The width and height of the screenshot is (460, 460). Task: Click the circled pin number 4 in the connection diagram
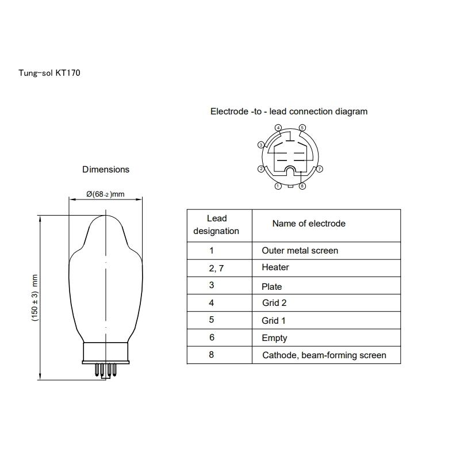(278, 127)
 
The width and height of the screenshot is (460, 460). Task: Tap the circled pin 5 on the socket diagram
(302, 127)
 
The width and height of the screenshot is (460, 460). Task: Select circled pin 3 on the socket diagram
(260, 145)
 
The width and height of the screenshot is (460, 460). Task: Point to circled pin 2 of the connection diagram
(260, 169)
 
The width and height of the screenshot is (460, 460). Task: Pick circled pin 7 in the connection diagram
(320, 169)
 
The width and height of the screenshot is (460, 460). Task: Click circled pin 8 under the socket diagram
(302, 186)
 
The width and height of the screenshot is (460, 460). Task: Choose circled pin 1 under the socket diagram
(278, 186)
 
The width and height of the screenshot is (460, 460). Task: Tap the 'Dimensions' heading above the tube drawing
(106, 169)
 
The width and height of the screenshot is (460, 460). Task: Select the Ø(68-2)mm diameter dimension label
(105, 194)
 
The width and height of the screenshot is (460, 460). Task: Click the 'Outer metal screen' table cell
(300, 250)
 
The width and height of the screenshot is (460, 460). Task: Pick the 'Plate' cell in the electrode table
(272, 286)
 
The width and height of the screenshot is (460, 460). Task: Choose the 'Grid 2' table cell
(274, 303)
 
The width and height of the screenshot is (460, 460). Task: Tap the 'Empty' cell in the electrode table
(274, 338)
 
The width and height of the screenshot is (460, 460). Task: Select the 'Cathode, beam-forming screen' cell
(324, 355)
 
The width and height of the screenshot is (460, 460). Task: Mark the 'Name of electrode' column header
(309, 223)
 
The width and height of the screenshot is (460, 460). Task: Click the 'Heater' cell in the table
(275, 267)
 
